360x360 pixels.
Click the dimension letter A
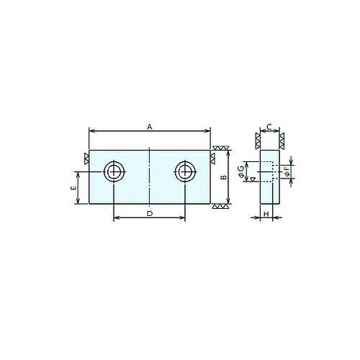150,127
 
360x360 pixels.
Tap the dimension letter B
224,177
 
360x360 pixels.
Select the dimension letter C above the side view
269,127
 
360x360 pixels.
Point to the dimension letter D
150,213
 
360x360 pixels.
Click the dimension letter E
74,187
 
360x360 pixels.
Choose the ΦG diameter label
241,171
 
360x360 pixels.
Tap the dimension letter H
266,214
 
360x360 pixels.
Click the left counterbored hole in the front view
114,171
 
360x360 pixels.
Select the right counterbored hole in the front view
185,171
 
